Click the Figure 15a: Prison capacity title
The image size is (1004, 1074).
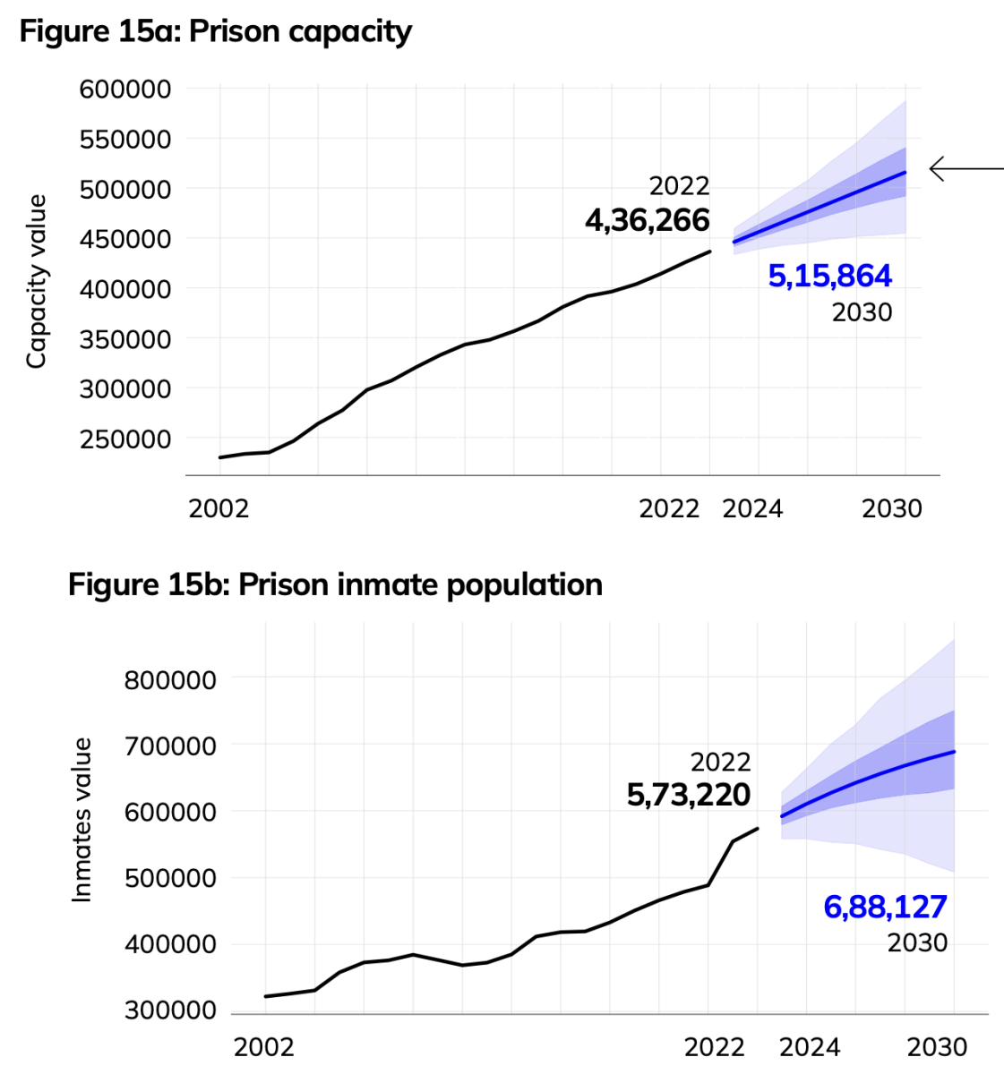pyautogui.click(x=216, y=31)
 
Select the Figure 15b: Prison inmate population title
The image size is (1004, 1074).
pyautogui.click(x=335, y=584)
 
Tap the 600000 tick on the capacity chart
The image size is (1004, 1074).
pyautogui.click(x=125, y=89)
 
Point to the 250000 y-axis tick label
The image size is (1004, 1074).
pyautogui.click(x=125, y=439)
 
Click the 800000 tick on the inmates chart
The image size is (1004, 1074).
pyautogui.click(x=170, y=680)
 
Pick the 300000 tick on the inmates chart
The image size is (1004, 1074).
pyautogui.click(x=170, y=1010)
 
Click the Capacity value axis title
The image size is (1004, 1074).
pyautogui.click(x=36, y=281)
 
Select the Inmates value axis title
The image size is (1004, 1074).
pyautogui.click(x=82, y=820)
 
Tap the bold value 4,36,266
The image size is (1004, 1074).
pyautogui.click(x=647, y=220)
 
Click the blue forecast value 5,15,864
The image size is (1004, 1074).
pyautogui.click(x=829, y=276)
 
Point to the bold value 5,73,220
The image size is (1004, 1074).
pyautogui.click(x=688, y=794)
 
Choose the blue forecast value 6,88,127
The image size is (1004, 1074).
pyautogui.click(x=885, y=907)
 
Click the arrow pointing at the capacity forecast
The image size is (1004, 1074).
pyautogui.click(x=965, y=168)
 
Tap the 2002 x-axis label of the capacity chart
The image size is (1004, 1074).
pyautogui.click(x=219, y=508)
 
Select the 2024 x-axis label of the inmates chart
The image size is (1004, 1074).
pyautogui.click(x=810, y=1046)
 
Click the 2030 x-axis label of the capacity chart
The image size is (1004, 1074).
pyautogui.click(x=891, y=508)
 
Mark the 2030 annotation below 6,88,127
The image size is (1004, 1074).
pyautogui.click(x=917, y=942)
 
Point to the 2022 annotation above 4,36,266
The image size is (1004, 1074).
pyautogui.click(x=679, y=186)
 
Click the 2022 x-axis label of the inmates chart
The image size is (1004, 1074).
pyautogui.click(x=714, y=1046)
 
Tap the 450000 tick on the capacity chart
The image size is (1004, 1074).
pyautogui.click(x=125, y=239)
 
